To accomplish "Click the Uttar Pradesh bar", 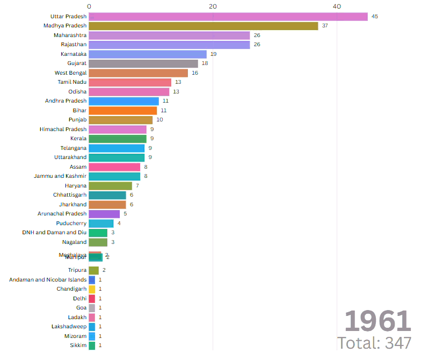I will click(228, 17).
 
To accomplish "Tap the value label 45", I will click(375, 17).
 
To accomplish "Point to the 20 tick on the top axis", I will click(213, 6).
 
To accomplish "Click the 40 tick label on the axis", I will click(337, 6).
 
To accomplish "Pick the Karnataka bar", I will click(147, 54).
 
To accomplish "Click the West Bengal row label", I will click(70, 73).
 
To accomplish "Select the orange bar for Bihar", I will click(122, 110).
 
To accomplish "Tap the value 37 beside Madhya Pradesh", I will click(325, 26).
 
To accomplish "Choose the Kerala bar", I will click(117, 139).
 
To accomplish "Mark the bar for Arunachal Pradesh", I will click(104, 214).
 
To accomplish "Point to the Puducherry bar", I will click(101, 223).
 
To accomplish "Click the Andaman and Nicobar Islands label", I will click(48, 280).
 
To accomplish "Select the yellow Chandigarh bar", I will click(92, 289).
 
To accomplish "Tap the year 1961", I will click(377, 321).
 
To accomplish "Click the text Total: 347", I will click(374, 343).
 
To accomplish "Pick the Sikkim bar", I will click(92, 345).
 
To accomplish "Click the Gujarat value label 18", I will click(205, 63).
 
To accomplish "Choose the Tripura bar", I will click(93, 270).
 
